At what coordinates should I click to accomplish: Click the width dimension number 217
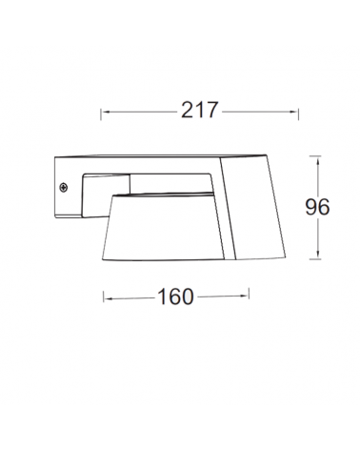click(x=201, y=110)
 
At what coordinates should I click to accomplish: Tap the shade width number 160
click(x=175, y=297)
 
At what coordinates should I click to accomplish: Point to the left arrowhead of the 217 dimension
click(x=103, y=111)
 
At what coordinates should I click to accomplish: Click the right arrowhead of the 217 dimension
click(x=297, y=111)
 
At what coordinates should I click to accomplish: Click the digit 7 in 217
click(x=213, y=110)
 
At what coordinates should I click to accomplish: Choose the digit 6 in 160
click(x=175, y=297)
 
